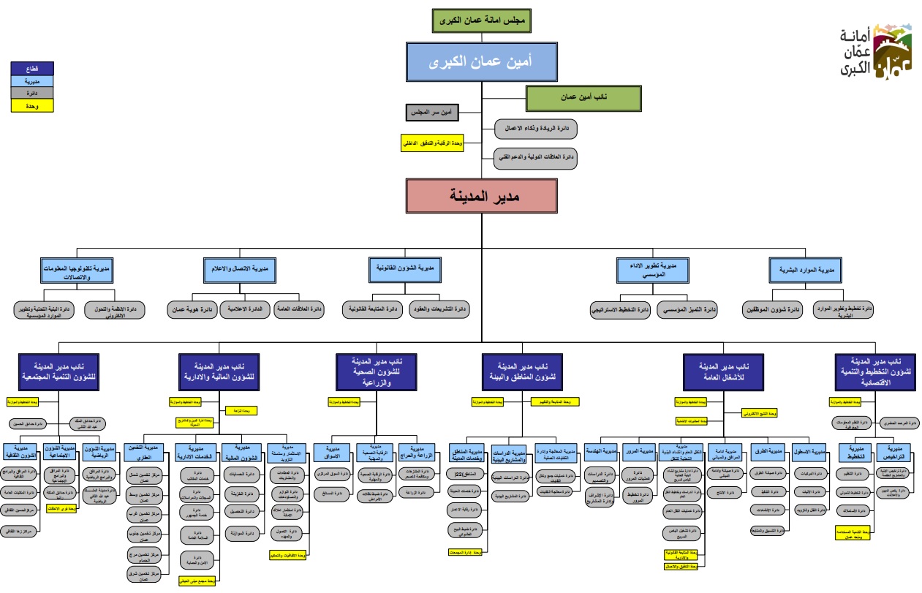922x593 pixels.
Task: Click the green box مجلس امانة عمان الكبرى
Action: (480, 20)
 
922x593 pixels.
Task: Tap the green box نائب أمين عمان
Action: (583, 97)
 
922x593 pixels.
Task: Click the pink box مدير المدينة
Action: (480, 196)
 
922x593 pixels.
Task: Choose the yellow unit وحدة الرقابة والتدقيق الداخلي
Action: (433, 143)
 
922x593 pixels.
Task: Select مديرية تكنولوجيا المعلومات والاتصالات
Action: (78, 270)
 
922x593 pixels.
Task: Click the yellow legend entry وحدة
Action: (32, 106)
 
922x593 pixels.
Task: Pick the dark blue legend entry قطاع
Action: (32, 69)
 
